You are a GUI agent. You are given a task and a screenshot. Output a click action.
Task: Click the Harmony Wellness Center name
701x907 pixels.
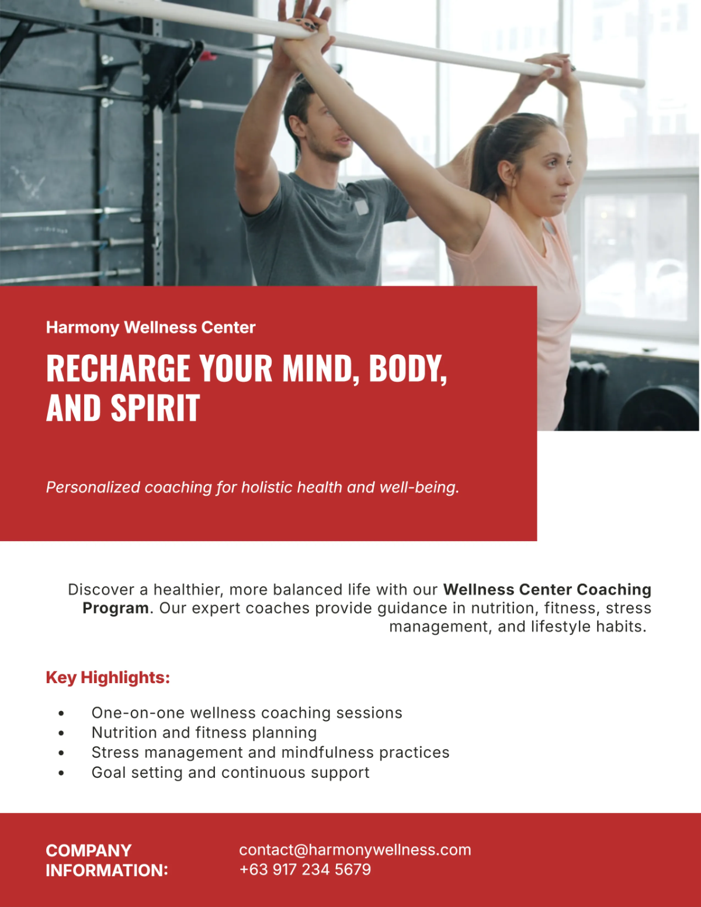click(151, 327)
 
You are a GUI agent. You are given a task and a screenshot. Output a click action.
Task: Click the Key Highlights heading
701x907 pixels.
click(107, 677)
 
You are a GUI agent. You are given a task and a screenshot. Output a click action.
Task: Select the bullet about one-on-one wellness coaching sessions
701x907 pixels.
click(247, 713)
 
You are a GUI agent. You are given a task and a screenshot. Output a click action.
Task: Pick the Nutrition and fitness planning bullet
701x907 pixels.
click(204, 733)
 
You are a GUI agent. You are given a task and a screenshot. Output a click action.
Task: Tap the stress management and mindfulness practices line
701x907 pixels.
click(270, 753)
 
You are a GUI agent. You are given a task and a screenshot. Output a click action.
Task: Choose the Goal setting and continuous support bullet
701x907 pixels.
click(230, 773)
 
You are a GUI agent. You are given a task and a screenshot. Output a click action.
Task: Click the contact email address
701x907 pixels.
click(355, 850)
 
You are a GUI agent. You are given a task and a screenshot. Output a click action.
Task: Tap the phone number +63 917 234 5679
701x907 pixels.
click(305, 870)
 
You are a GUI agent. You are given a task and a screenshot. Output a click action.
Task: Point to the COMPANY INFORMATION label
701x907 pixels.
click(107, 860)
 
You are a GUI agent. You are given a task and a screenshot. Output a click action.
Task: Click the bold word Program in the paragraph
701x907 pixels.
click(116, 608)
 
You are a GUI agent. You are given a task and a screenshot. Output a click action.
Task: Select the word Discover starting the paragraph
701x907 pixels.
click(101, 590)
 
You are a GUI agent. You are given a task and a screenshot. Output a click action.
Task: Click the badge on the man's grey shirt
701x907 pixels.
click(361, 207)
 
